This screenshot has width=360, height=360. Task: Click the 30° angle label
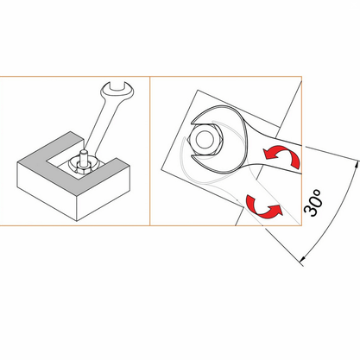point(313,203)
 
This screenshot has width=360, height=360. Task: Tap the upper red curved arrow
point(283,156)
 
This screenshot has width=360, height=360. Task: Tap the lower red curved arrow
point(262,206)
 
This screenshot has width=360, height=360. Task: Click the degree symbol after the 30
point(316,192)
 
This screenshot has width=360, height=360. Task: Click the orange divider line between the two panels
point(150,151)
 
